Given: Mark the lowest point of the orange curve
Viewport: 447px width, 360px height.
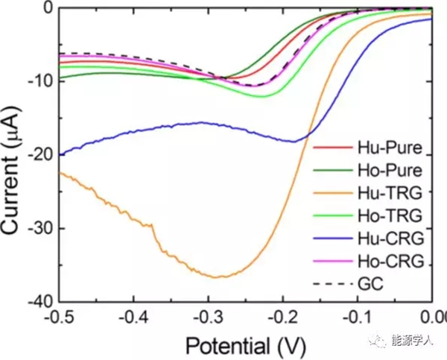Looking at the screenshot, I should (216, 277).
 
